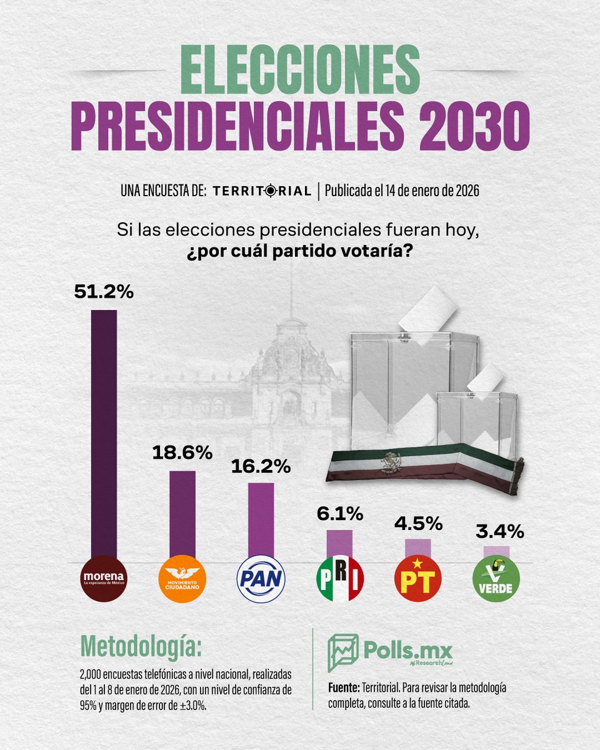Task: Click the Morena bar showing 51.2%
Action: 104,431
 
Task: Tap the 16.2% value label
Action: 261,467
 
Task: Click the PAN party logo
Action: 261,578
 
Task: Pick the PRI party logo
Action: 340,578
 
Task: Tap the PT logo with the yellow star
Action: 418,578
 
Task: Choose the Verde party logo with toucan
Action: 496,578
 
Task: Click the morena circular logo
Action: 104,578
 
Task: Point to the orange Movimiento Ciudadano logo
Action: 182,578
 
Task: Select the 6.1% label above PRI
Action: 340,514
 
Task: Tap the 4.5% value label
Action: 418,523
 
